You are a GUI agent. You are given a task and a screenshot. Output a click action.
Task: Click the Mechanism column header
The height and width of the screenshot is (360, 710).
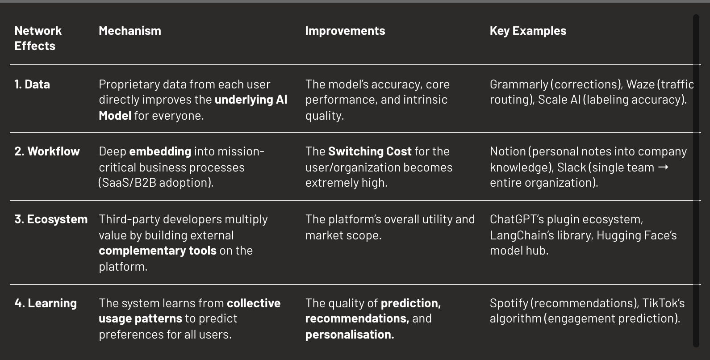[129, 31]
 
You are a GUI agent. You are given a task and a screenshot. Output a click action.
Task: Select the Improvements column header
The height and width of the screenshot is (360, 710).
[345, 31]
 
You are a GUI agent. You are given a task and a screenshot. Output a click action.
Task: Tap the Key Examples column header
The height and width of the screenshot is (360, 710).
[528, 31]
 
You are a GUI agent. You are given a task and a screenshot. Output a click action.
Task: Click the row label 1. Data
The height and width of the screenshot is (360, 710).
[32, 84]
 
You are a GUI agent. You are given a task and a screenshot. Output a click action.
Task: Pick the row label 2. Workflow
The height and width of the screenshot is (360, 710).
[47, 151]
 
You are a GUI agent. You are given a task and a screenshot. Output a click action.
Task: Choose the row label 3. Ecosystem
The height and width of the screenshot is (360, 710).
[51, 219]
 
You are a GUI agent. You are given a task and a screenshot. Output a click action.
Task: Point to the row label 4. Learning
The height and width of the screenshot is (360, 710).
[46, 303]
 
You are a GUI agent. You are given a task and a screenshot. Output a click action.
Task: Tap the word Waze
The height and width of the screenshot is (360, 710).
[640, 84]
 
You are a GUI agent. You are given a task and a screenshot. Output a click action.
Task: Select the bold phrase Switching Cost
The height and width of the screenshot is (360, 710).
[370, 151]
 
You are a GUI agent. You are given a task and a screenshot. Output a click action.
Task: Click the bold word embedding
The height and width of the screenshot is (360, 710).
[160, 151]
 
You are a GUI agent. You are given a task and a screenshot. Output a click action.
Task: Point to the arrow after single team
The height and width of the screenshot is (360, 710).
[664, 167]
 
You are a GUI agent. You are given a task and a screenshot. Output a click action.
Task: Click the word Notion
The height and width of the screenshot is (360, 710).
[508, 151]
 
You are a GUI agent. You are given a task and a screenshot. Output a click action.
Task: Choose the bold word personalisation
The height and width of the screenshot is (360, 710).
[349, 335]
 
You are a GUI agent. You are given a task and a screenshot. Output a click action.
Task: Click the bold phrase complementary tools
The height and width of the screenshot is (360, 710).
[157, 251]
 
